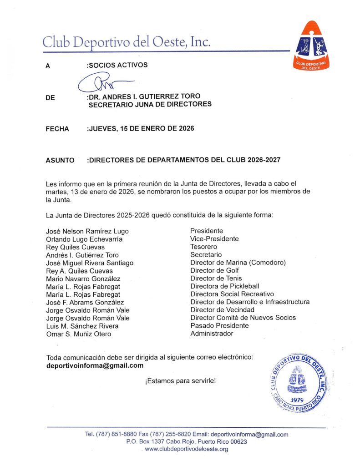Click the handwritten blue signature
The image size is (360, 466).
(102, 83)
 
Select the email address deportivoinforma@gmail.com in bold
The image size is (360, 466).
(95, 365)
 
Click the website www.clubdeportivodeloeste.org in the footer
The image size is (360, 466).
(186, 449)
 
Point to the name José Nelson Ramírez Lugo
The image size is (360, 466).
(87, 231)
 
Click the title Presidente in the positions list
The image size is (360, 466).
(207, 231)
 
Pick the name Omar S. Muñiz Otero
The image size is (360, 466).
(78, 334)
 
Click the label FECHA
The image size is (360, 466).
(57, 129)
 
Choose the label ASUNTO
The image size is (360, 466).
(60, 160)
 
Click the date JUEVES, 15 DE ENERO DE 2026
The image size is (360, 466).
(140, 129)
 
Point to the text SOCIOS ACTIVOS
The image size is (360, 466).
(117, 65)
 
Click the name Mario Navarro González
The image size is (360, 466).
(83, 279)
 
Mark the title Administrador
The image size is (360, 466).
(212, 334)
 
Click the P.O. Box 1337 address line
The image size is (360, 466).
(187, 442)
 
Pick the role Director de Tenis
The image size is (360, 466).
(216, 278)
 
